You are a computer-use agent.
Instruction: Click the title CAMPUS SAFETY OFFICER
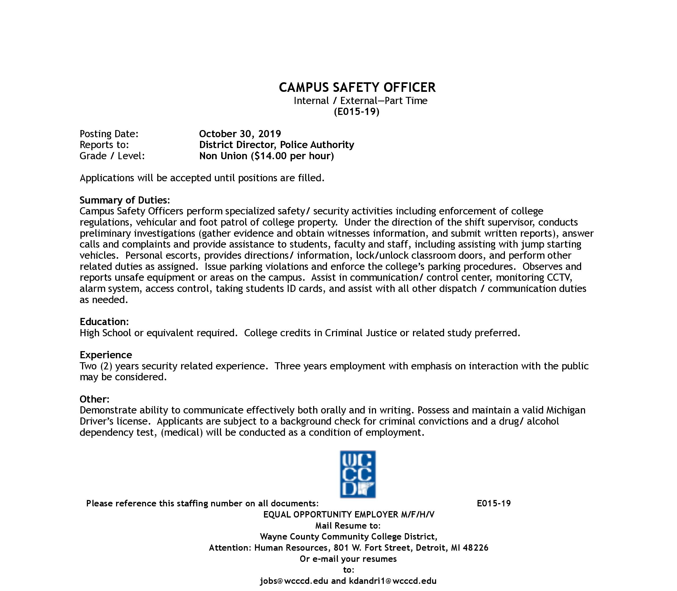point(357,87)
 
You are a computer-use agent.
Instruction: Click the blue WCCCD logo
point(358,474)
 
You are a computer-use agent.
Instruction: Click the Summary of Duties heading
point(125,200)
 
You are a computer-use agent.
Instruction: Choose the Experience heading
point(106,355)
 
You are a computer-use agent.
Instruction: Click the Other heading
point(94,399)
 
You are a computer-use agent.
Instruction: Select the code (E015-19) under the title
point(356,112)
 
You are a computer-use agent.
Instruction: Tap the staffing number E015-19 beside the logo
point(494,503)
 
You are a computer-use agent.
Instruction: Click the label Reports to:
point(104,145)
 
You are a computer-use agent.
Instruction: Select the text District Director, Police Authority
point(276,145)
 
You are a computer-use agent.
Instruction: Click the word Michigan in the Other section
point(566,410)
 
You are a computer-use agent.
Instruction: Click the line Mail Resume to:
point(348,526)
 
